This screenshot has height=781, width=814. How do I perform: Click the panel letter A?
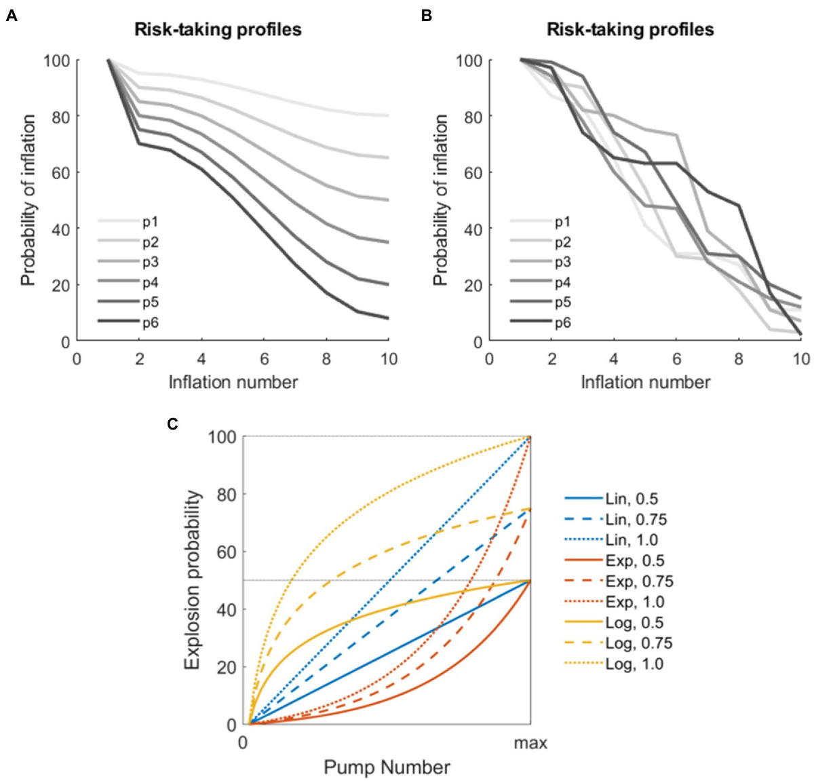click(x=11, y=16)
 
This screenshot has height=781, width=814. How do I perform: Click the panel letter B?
click(x=426, y=16)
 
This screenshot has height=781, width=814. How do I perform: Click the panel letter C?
click(x=172, y=424)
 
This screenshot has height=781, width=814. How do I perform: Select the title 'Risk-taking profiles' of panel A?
click(x=218, y=30)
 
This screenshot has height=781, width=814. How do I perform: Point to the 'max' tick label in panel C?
click(x=530, y=743)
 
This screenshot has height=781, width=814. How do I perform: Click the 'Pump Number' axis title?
click(x=387, y=767)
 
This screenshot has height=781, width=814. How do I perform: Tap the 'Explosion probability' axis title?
click(x=193, y=580)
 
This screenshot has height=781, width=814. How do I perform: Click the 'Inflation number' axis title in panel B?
click(x=645, y=382)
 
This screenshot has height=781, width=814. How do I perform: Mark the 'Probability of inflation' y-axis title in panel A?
click(x=28, y=200)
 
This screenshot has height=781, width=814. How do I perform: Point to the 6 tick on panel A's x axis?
click(x=264, y=359)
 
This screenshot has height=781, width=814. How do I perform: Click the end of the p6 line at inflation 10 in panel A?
click(x=389, y=318)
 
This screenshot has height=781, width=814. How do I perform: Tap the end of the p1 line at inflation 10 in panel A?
click(x=389, y=115)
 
